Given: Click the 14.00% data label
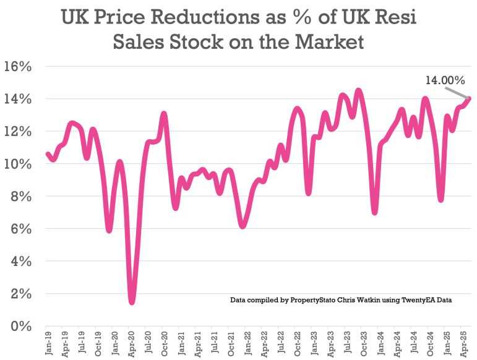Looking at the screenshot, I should click(444, 80).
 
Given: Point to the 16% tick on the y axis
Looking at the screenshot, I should click(18, 67).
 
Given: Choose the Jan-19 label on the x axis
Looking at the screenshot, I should click(48, 343).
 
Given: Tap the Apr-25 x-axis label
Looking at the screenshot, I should click(463, 343).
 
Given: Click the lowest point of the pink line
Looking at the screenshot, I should click(132, 302).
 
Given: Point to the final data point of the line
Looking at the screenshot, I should click(470, 98).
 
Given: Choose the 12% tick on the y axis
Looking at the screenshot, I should click(18, 132).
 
